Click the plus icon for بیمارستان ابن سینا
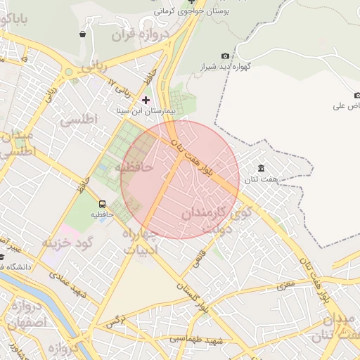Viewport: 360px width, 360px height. tap(146, 100)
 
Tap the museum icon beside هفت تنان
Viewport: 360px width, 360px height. tap(262, 169)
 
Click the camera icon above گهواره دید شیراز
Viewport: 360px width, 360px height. tap(225, 56)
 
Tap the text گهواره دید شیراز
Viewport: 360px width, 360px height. tap(225, 67)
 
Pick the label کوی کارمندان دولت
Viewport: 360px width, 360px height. tap(214, 218)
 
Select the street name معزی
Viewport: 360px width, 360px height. tap(285, 285)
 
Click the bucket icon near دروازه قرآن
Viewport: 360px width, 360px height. tap(83, 34)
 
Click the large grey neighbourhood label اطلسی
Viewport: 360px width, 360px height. tap(79, 119)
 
